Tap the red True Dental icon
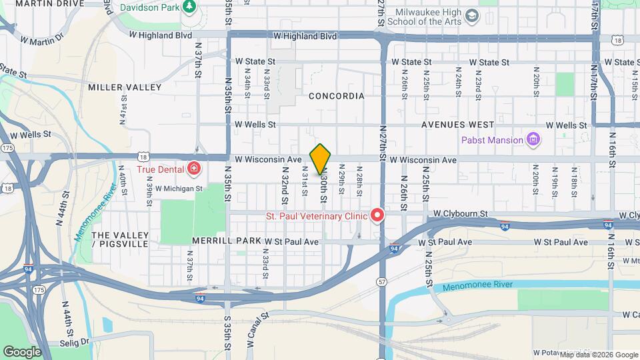pos(194,168)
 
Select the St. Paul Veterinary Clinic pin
pos(378,215)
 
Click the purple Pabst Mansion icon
pos(533,140)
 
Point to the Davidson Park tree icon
pos(190,7)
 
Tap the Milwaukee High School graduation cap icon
pos(472,15)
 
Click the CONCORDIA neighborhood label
pos(337,96)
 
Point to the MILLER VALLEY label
pos(125,87)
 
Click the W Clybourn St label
pos(461,214)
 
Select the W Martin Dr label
pos(41,41)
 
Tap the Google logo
pos(22,351)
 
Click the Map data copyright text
pos(599,355)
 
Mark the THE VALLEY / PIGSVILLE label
pos(120,240)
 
